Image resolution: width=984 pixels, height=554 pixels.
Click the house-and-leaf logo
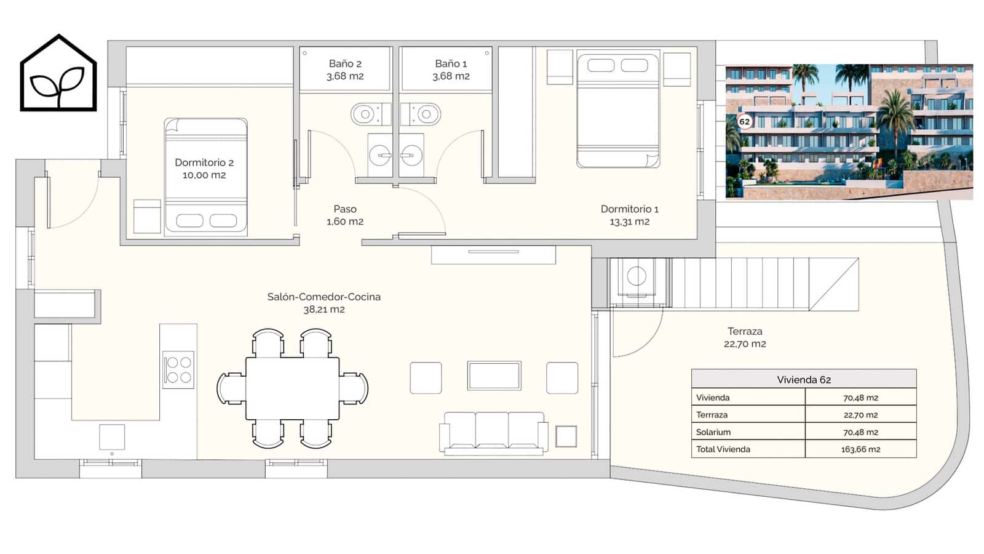58,73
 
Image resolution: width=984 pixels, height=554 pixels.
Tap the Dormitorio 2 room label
204,169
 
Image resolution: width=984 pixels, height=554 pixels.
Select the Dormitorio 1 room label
630,215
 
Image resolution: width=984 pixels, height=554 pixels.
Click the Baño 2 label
345,70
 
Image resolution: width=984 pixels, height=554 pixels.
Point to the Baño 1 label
451,70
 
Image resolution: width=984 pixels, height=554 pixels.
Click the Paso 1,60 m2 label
345,215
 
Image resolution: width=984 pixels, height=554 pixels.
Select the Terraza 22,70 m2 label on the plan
745,338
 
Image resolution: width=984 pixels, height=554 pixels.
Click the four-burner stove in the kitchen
178,369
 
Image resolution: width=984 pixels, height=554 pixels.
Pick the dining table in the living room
293,388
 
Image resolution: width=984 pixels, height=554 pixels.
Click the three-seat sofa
494,433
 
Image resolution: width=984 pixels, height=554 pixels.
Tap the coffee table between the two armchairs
494,375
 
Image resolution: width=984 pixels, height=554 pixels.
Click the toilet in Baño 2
370,114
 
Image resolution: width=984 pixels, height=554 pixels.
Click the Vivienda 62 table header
804,379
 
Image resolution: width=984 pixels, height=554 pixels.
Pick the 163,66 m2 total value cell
860,449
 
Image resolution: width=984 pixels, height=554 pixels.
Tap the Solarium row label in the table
713,432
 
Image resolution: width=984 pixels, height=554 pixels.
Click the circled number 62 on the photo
744,122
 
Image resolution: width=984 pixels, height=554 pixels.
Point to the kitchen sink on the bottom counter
112,437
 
